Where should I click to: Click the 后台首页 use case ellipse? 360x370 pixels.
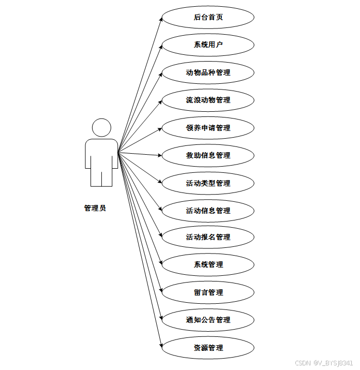pyautogui.click(x=208, y=17)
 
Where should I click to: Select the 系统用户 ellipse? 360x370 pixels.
pyautogui.click(x=208, y=45)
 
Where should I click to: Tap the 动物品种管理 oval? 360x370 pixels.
pyautogui.click(x=208, y=72)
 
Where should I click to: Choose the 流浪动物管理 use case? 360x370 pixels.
pyautogui.click(x=208, y=100)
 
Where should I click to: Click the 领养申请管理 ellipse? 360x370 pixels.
pyautogui.click(x=208, y=128)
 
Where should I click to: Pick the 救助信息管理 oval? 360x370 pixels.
pyautogui.click(x=208, y=155)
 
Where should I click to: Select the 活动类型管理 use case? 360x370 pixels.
pyautogui.click(x=208, y=183)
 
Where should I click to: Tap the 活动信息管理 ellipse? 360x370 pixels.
pyautogui.click(x=208, y=211)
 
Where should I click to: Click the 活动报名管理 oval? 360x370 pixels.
pyautogui.click(x=208, y=237)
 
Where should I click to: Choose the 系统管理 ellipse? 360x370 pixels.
pyautogui.click(x=208, y=264)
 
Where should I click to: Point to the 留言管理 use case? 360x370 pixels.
pyautogui.click(x=208, y=292)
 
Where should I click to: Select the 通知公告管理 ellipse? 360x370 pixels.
pyautogui.click(x=208, y=320)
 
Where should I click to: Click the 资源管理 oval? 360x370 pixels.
pyautogui.click(x=208, y=348)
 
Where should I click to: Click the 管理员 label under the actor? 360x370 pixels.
pyautogui.click(x=95, y=208)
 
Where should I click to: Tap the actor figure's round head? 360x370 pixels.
pyautogui.click(x=101, y=128)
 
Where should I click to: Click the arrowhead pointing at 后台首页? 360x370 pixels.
pyautogui.click(x=160, y=19)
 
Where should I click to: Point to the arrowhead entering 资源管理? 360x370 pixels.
pyautogui.click(x=160, y=346)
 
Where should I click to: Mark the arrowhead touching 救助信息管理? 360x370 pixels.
pyautogui.click(x=160, y=155)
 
